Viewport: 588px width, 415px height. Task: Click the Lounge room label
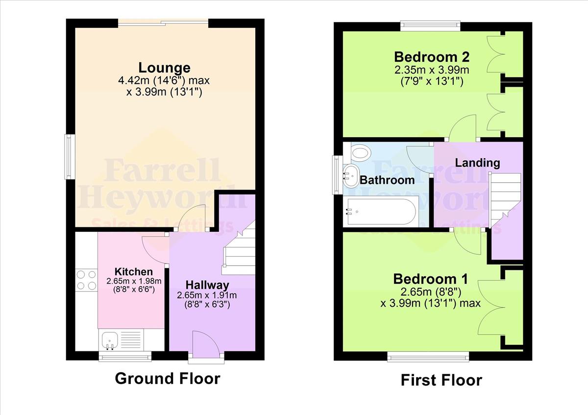[164, 68]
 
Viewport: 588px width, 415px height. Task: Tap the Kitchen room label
[133, 271]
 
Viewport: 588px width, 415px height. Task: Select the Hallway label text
[207, 285]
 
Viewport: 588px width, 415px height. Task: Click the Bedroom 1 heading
[430, 279]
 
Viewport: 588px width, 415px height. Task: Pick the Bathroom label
[387, 180]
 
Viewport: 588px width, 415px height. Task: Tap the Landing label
[477, 163]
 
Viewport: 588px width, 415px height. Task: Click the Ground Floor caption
[168, 378]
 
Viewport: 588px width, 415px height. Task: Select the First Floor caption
[441, 380]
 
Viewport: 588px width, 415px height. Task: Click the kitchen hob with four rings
[86, 280]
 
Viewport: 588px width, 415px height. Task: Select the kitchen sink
[108, 339]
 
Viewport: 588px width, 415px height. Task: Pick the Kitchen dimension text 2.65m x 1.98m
[134, 281]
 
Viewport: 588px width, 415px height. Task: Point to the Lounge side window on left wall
[71, 157]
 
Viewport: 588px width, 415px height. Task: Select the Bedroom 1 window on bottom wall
[428, 356]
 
